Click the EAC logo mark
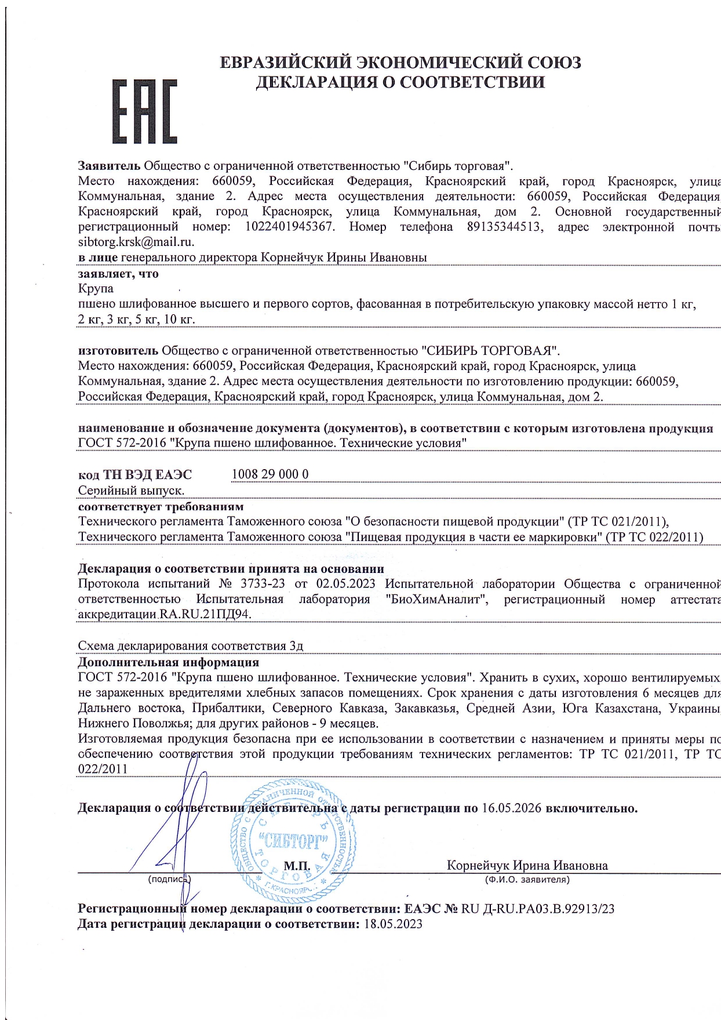pos(144,111)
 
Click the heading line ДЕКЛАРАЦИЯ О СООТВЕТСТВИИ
pos(400,82)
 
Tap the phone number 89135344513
pos(505,227)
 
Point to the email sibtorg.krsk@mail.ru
pos(136,242)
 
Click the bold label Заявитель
pos(109,165)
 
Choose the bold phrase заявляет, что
pos(118,273)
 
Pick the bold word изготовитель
pos(118,350)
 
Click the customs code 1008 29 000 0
pos(270,474)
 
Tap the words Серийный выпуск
pos(131,491)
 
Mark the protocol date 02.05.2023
pos(346,583)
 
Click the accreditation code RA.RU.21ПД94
pos(206,615)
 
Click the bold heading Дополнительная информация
pos(168,662)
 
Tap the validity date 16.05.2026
pos(511,808)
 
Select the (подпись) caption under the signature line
pos(170,880)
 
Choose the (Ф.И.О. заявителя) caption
pos(527,880)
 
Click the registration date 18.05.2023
pos(393,924)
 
